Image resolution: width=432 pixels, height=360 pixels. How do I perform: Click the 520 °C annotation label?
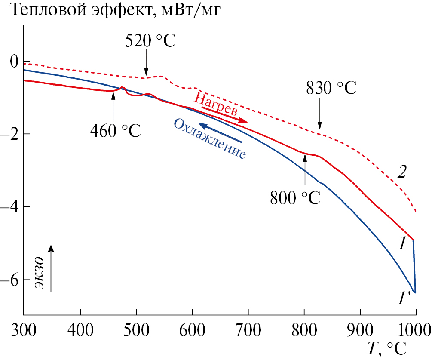(150, 41)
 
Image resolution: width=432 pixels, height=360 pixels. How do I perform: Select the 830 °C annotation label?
(331, 89)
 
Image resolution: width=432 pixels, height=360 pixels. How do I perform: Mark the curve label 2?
(401, 172)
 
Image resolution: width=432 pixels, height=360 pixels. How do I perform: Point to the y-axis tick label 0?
(15, 62)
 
